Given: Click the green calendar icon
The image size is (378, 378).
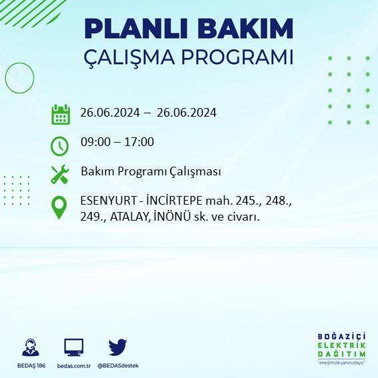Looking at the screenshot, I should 61,114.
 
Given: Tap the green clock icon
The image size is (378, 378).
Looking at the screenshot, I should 60,145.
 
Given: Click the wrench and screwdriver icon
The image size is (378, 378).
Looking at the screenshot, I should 60,175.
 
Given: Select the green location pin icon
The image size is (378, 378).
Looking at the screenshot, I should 60,207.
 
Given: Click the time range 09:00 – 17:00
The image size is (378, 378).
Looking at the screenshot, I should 117,141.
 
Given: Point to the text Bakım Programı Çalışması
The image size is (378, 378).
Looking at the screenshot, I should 151,171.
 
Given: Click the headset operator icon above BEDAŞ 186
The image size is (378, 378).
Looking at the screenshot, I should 30,347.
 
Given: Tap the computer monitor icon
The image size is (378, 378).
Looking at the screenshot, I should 73,347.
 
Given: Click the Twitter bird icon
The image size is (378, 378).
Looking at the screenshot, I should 117,347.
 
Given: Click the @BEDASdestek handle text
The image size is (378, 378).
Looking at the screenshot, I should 118,365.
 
